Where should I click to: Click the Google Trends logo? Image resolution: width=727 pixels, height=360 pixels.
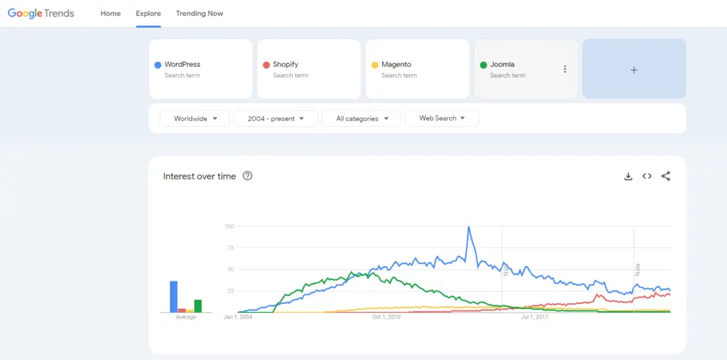tap(41, 13)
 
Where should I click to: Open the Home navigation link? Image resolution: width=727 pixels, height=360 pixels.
tap(111, 13)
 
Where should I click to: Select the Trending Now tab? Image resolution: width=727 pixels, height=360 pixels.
tap(199, 13)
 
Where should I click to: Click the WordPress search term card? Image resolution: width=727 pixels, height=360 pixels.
tap(200, 68)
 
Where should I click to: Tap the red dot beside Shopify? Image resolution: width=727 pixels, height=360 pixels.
tap(266, 65)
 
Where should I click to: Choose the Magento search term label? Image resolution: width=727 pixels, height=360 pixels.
tap(396, 65)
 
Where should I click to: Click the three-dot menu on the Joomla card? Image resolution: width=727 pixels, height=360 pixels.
tap(565, 69)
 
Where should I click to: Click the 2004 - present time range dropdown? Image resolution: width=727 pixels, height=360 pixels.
tap(276, 119)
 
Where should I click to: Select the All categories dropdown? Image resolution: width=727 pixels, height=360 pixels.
tap(361, 119)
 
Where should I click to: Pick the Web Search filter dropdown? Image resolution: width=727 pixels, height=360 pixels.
tap(441, 119)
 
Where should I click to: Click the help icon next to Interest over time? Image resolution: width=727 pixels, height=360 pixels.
tap(247, 176)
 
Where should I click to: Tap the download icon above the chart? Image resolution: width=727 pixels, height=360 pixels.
tap(628, 176)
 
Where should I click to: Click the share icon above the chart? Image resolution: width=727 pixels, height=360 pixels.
tap(665, 176)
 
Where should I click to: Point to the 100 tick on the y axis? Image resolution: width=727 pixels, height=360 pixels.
tap(229, 226)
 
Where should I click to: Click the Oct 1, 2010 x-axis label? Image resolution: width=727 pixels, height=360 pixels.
tap(386, 317)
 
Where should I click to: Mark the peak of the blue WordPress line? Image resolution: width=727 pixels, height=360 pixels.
tap(468, 227)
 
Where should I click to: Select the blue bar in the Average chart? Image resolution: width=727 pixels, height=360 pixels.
tap(174, 296)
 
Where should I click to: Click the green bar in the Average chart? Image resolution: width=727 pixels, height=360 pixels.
tap(198, 305)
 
